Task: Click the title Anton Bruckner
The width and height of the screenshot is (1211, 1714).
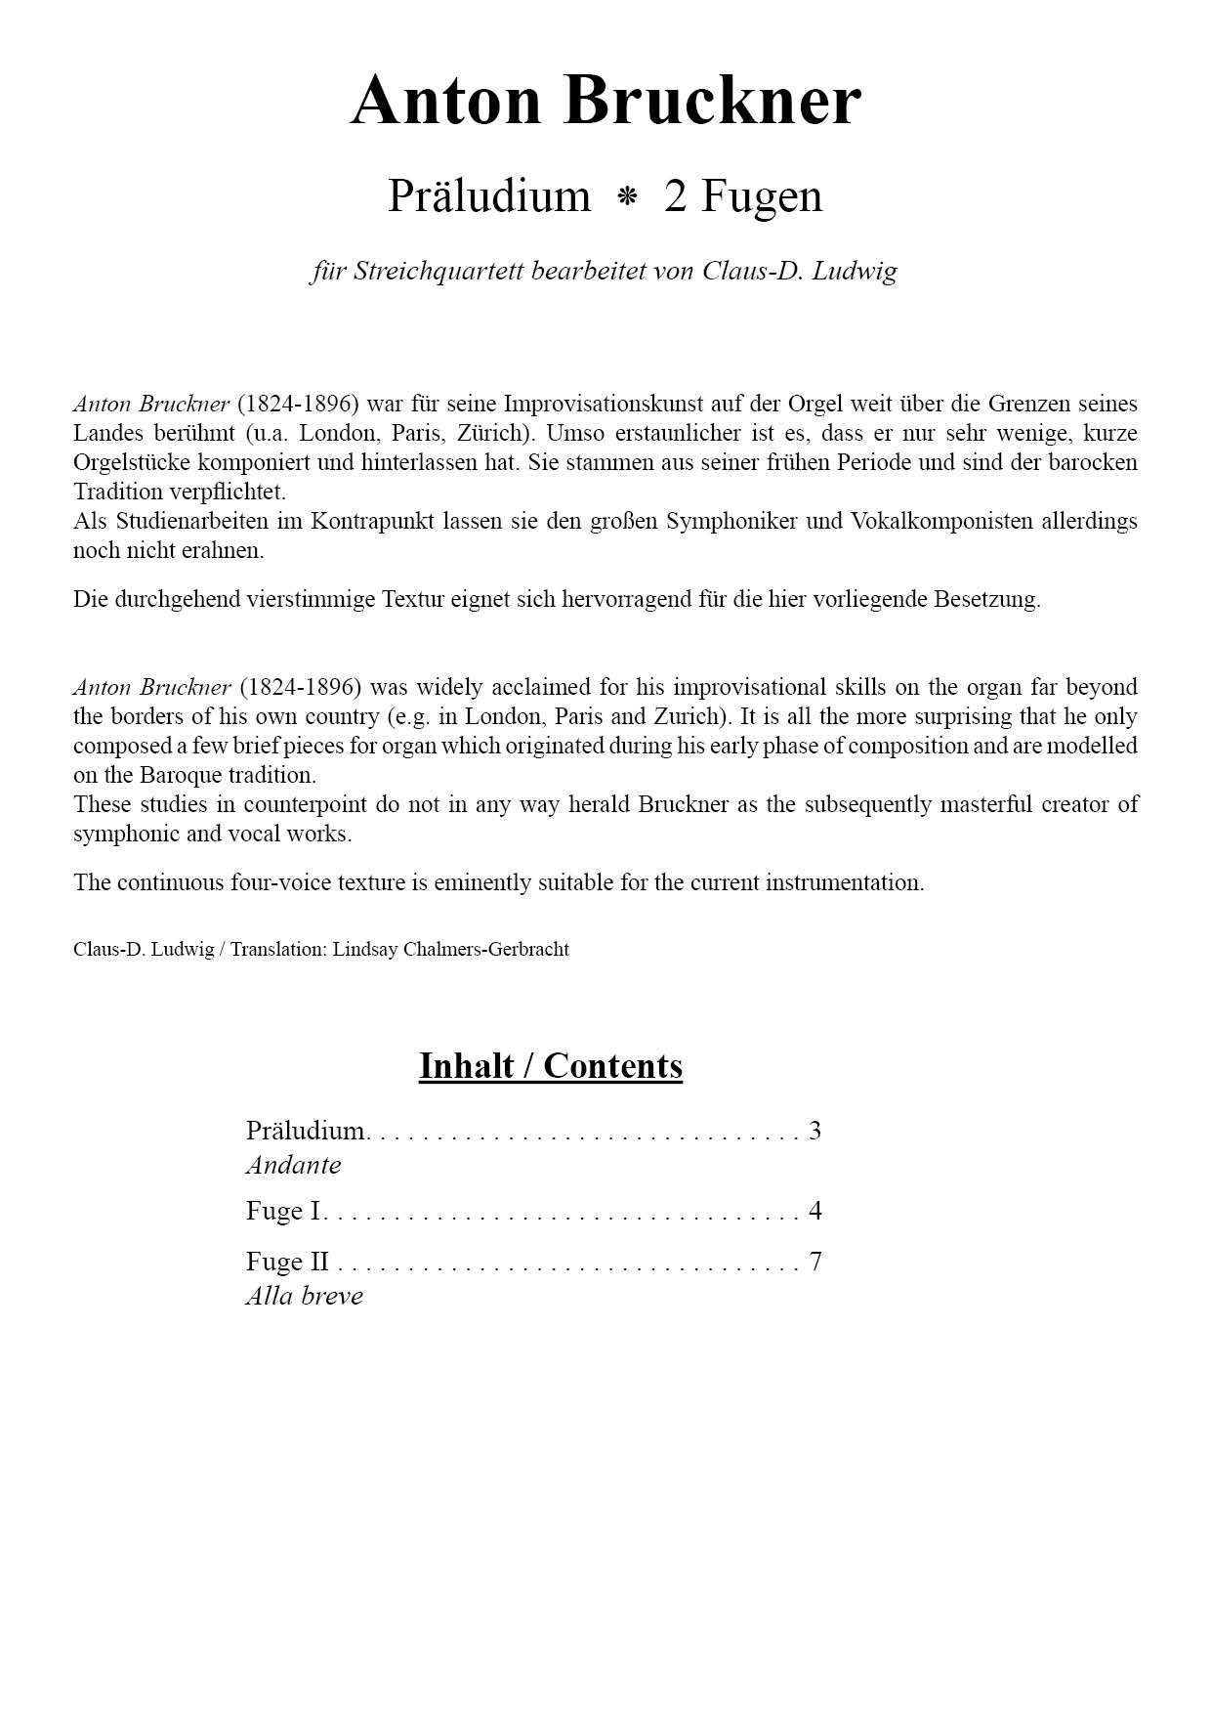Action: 605,100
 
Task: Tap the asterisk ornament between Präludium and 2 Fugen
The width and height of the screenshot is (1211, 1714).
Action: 627,197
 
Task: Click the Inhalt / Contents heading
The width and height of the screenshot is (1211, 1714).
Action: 551,1065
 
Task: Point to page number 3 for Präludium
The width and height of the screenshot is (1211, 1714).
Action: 815,1131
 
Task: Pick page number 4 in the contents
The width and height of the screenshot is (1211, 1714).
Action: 815,1211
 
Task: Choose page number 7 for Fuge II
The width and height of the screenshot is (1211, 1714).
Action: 815,1262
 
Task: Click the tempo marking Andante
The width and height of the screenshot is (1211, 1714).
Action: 293,1165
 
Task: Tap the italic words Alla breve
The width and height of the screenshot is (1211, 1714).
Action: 304,1296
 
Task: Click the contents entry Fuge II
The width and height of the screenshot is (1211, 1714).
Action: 287,1262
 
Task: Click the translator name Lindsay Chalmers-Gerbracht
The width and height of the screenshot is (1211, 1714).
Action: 450,949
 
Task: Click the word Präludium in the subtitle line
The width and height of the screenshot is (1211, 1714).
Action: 489,195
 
